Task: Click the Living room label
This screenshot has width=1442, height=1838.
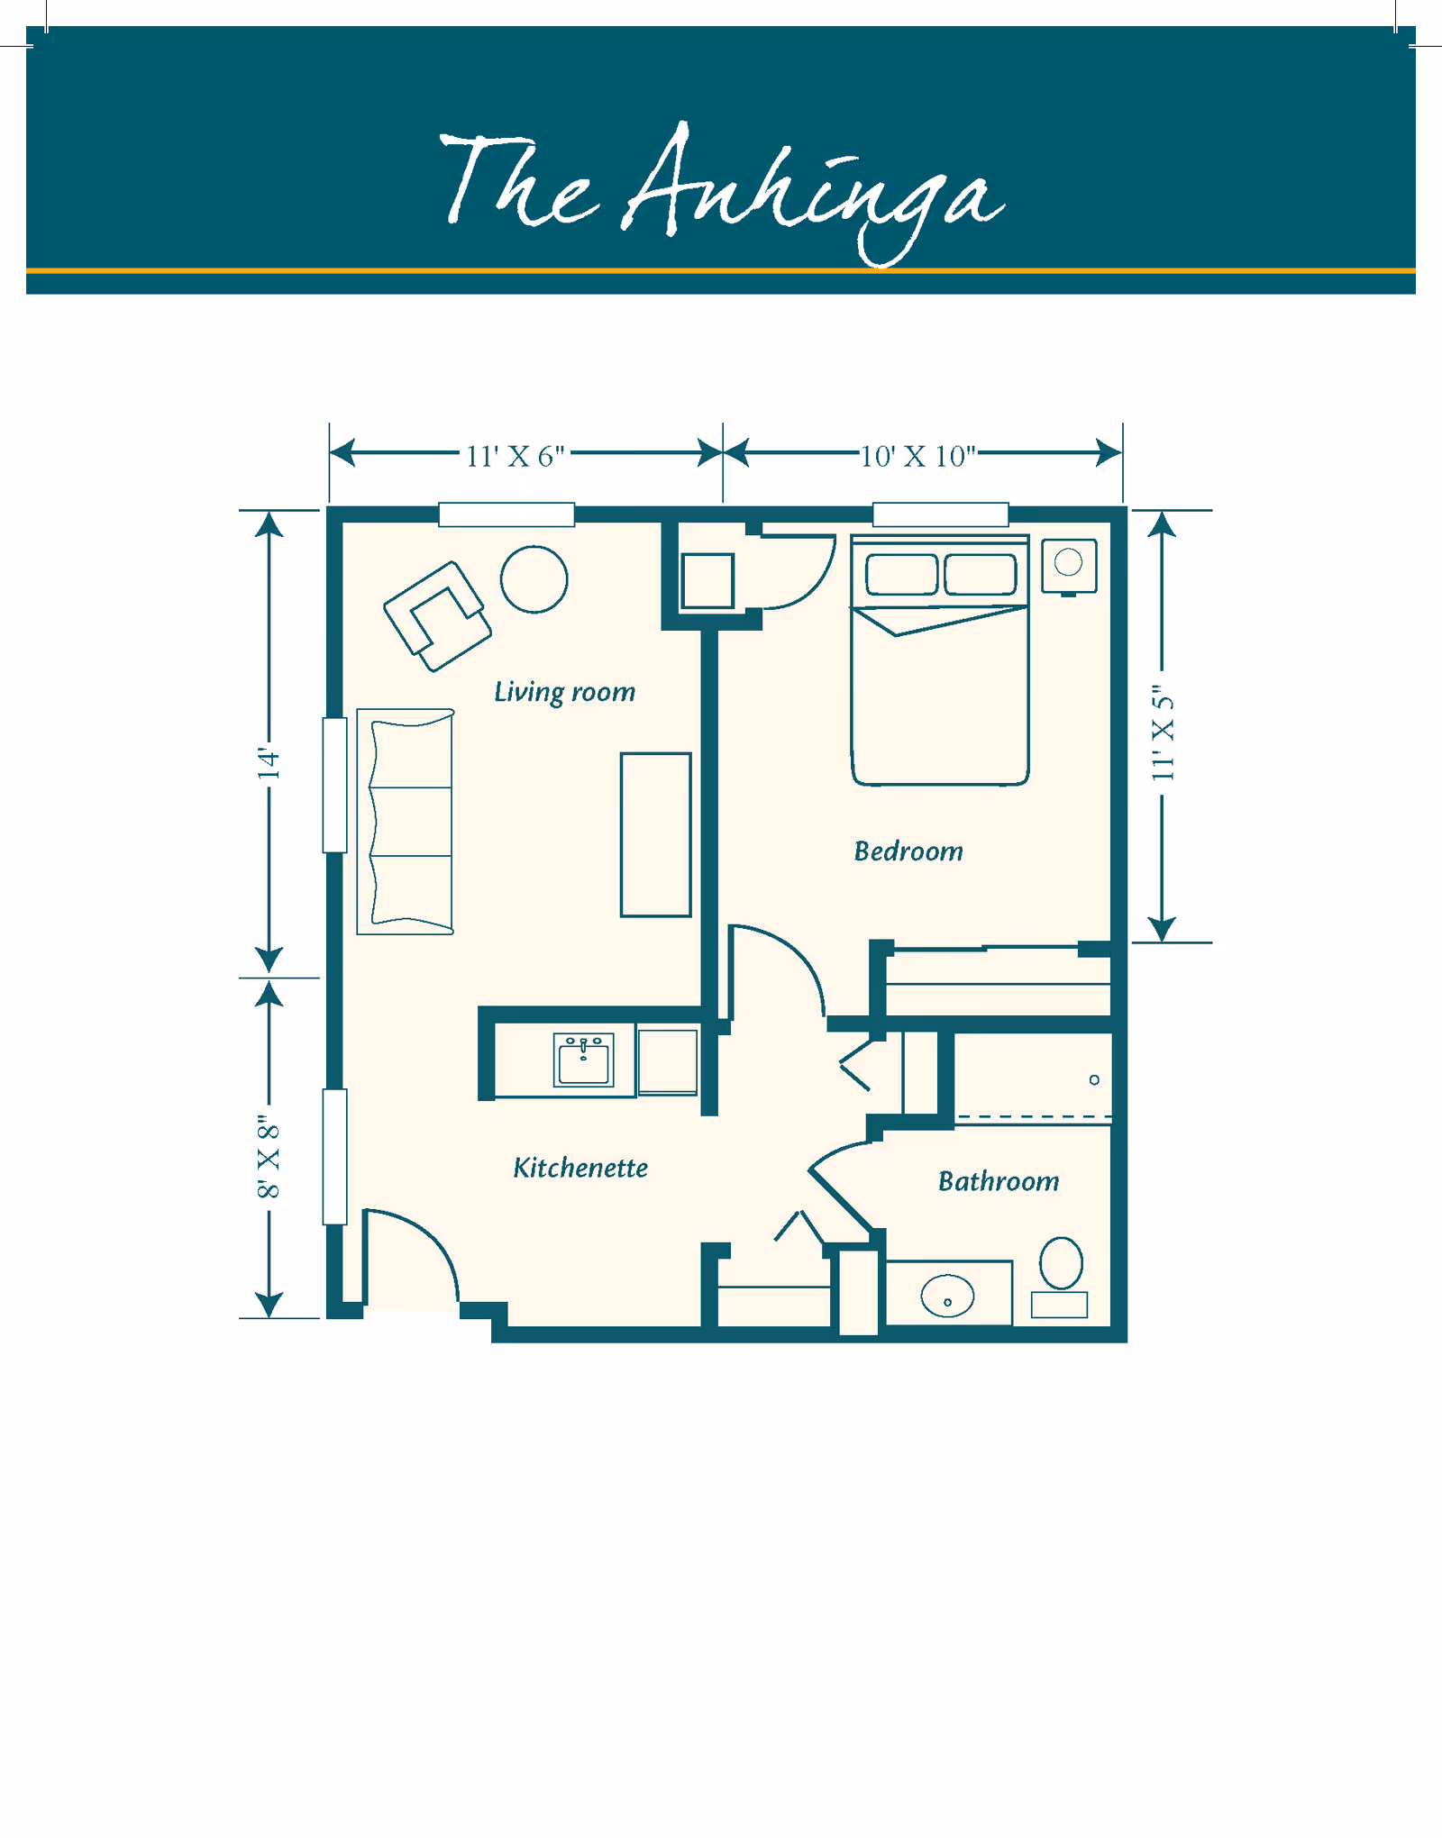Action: click(564, 692)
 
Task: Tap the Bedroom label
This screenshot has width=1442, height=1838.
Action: click(908, 851)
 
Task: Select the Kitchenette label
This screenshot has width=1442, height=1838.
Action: click(580, 1168)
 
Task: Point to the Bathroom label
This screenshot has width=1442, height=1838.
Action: click(998, 1181)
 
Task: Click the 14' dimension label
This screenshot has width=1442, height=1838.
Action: click(269, 762)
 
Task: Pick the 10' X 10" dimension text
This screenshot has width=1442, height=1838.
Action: click(917, 457)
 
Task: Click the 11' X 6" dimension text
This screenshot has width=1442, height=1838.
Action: click(515, 457)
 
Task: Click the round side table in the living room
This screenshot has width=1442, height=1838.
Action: click(534, 579)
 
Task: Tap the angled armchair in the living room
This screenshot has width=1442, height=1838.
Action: click(437, 616)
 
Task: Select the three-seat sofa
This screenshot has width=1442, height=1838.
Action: click(406, 821)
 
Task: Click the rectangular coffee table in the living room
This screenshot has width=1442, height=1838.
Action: click(655, 834)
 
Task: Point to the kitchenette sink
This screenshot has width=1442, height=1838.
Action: click(583, 1060)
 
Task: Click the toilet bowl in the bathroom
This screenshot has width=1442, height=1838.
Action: click(1061, 1262)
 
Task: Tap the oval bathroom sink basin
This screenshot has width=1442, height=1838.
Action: click(947, 1297)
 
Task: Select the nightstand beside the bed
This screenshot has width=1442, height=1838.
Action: click(1069, 566)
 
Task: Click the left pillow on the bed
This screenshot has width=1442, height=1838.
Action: click(901, 574)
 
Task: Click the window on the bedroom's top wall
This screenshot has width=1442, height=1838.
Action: click(940, 514)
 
